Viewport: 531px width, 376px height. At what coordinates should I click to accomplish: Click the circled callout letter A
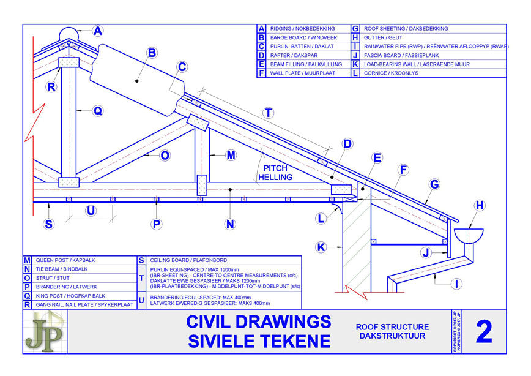click(97, 30)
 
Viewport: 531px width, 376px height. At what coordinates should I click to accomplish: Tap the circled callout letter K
click(321, 247)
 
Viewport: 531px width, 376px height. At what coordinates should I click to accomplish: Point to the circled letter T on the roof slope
click(268, 113)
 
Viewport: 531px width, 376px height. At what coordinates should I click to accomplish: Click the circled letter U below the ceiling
click(91, 211)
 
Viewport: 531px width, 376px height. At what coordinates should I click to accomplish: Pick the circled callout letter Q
click(97, 111)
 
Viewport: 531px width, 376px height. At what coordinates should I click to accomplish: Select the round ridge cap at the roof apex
click(69, 35)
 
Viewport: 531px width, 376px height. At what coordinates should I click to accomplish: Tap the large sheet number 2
click(483, 332)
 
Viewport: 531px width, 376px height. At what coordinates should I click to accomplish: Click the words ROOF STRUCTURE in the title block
click(392, 327)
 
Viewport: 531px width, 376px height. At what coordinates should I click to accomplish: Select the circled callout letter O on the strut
click(164, 156)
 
